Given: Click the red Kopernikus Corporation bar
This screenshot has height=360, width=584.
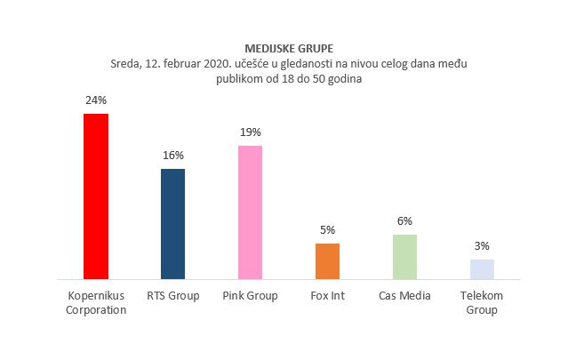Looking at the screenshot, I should tap(95, 196).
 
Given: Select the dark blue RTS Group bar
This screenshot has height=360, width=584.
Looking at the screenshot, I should tap(172, 224).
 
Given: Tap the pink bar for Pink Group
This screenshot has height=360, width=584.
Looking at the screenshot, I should tap(250, 212).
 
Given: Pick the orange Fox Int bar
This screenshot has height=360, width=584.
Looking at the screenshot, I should tap(327, 261).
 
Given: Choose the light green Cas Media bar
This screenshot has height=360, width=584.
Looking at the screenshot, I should tap(404, 257).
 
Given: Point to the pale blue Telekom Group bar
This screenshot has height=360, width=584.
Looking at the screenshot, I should tap(482, 269).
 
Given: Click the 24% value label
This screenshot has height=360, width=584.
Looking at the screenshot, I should tap(95, 100).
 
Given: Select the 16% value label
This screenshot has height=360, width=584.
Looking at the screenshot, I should tap(172, 156).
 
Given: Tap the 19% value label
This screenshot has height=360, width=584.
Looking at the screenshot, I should tap(250, 132).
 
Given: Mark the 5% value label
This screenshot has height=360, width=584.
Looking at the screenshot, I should tap(327, 230).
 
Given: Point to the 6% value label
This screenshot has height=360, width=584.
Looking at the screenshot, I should tap(404, 221).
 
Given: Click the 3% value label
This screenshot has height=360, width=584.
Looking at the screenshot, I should tap(482, 246).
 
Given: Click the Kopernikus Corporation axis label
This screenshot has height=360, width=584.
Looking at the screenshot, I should tap(95, 302).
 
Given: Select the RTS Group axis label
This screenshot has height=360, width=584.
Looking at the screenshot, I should tap(172, 295).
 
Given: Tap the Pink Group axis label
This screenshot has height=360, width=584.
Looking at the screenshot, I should tap(250, 295).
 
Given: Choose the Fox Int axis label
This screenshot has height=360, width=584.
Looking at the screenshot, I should tap(327, 295).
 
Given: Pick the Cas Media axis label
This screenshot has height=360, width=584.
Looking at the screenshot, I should tap(404, 295).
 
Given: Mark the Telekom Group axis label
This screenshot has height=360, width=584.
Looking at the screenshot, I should tap(482, 302).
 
